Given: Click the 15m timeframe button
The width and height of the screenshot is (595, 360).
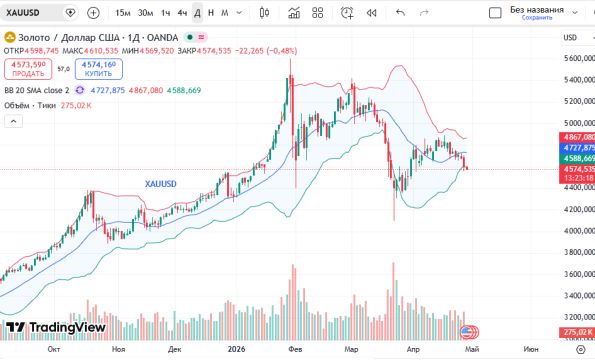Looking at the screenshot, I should click(122, 13).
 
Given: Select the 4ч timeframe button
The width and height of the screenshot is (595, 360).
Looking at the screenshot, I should click(181, 13).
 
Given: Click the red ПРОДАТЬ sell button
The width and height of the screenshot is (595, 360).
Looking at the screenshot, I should click(27, 68).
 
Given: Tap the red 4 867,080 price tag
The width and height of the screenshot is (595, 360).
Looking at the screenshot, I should click(578, 136).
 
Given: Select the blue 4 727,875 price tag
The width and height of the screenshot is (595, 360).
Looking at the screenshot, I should click(578, 147).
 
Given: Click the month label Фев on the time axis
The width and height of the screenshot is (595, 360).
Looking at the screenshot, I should click(295, 350).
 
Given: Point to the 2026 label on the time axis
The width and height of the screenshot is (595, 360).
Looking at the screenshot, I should click(237, 350).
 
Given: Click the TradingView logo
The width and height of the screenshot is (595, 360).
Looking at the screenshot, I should click(55, 327).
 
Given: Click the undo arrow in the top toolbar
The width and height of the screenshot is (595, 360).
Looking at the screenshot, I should click(400, 13).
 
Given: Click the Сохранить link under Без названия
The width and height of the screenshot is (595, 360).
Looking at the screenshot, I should click(536, 18).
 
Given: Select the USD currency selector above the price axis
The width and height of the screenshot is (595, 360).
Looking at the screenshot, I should click(572, 37).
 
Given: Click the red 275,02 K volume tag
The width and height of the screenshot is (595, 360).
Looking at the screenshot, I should click(578, 330).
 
